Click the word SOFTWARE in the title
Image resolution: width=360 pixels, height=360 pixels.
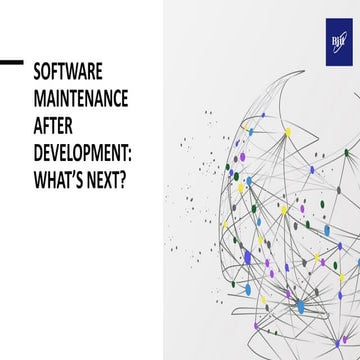click(68, 72)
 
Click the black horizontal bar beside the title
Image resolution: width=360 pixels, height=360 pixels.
click(11, 62)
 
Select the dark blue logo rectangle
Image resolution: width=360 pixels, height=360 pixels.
click(340, 43)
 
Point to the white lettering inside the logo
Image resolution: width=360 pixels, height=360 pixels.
click(340, 43)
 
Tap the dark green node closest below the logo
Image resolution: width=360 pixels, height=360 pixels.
click(346, 152)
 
